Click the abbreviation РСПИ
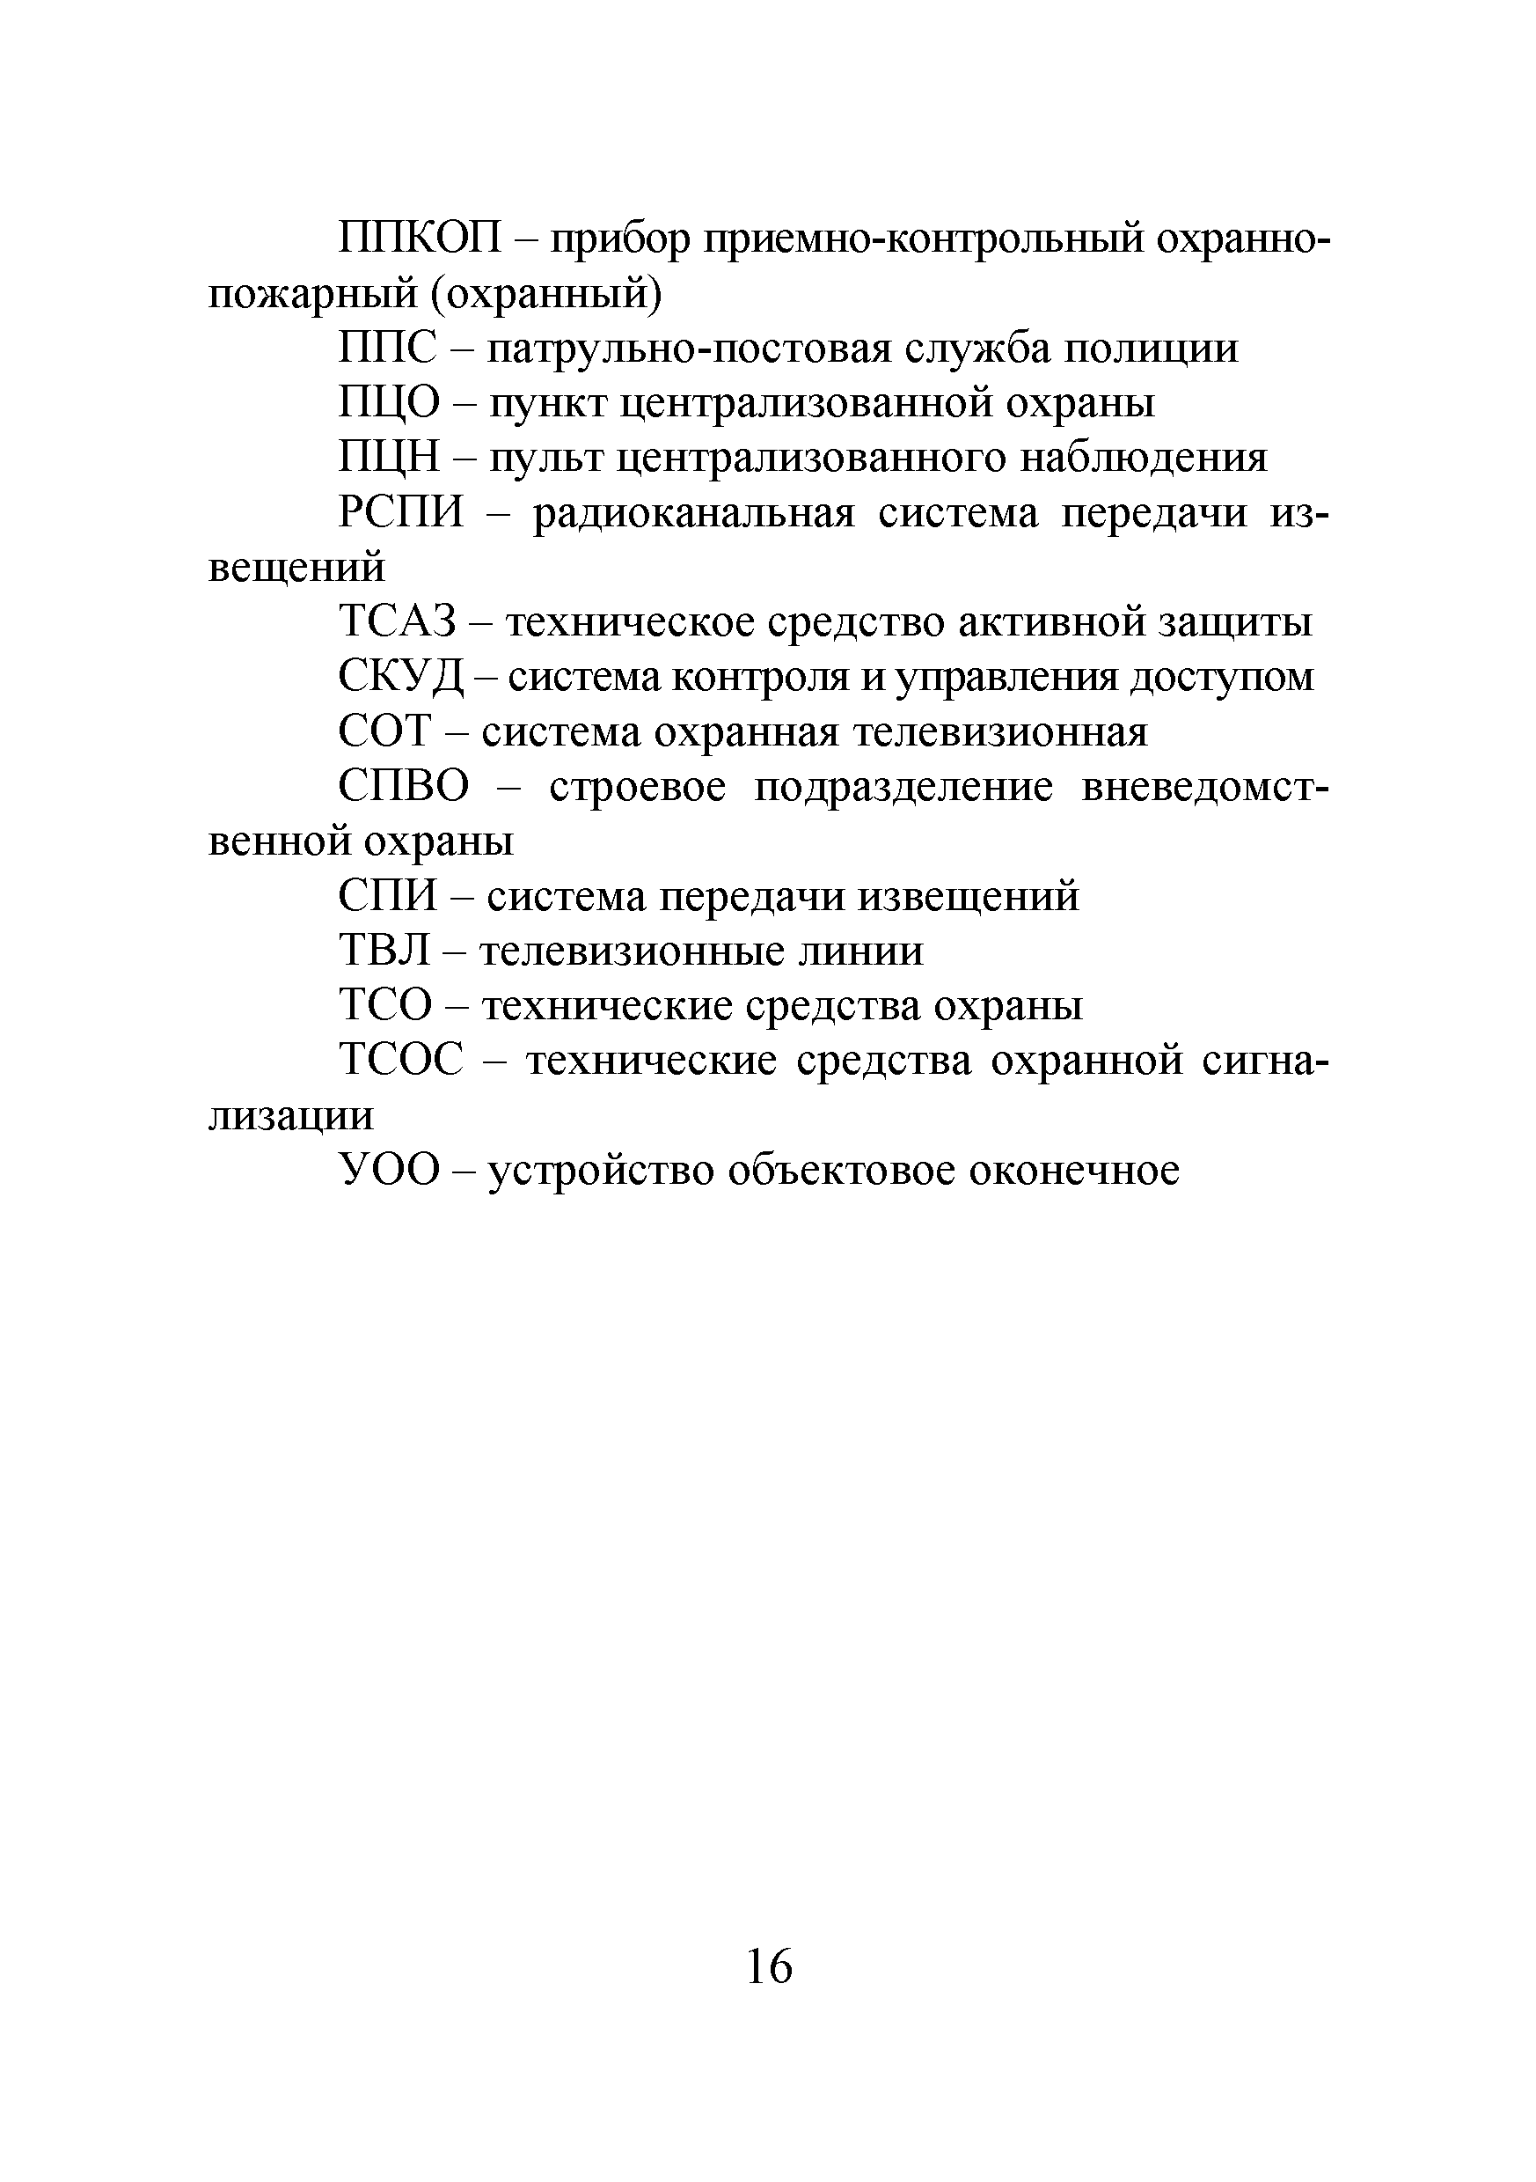point(401,514)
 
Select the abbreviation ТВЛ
point(384,951)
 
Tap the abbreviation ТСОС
point(401,1061)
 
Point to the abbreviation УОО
point(390,1171)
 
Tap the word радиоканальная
point(693,514)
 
